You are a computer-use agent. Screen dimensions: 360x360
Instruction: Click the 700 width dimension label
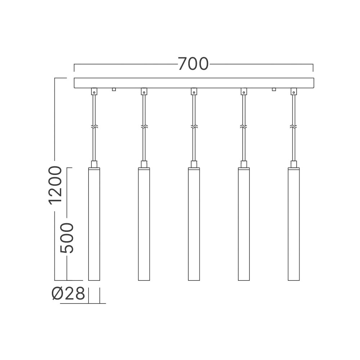[193, 64]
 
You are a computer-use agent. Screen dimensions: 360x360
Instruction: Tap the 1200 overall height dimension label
[55, 185]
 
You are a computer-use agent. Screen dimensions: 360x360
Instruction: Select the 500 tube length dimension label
[67, 238]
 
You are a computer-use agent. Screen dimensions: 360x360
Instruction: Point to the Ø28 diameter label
[68, 293]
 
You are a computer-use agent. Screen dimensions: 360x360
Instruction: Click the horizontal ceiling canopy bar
[194, 83]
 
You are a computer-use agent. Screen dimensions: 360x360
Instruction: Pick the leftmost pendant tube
[94, 224]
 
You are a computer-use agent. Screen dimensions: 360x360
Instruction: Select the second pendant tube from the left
[144, 224]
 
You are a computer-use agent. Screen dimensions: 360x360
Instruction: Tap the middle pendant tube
[194, 224]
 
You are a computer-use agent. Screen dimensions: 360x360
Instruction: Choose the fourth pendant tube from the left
[244, 224]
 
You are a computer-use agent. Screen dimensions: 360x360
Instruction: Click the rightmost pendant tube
[294, 224]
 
